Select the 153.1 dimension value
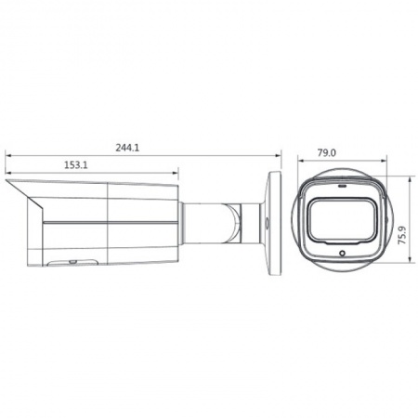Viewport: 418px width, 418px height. click(x=76, y=165)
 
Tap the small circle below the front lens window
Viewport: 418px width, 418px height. click(x=343, y=254)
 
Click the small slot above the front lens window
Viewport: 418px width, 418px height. click(x=341, y=184)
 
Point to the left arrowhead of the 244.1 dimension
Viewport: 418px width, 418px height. click(x=7, y=155)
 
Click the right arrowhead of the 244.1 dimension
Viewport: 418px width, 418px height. click(x=280, y=155)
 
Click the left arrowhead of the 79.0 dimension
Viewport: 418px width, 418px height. click(x=299, y=162)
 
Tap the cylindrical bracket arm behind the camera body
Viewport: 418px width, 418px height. click(x=209, y=223)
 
